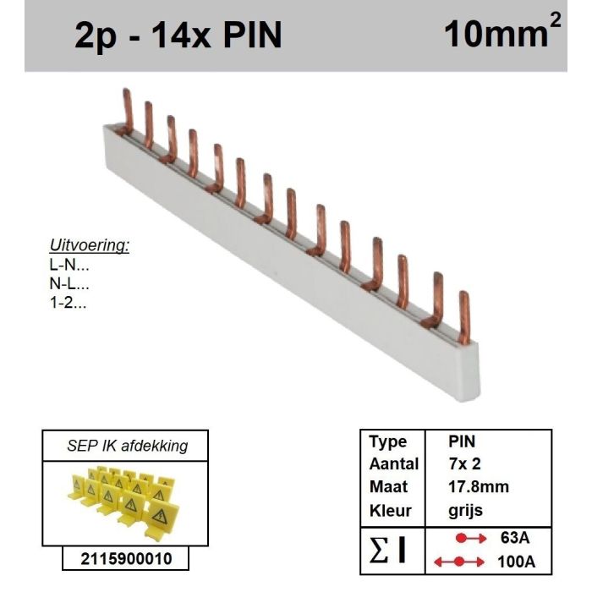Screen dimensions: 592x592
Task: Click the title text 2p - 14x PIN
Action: tap(178, 36)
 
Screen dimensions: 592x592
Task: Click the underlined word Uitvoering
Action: tap(90, 246)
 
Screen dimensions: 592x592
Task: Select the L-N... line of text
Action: tap(71, 266)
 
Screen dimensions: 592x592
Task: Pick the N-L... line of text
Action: tap(71, 284)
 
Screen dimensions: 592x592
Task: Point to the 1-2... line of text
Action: tap(71, 303)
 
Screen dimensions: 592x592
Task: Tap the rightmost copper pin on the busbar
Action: tap(463, 317)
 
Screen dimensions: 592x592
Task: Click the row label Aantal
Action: tap(393, 464)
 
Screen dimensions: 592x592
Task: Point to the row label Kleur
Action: tap(390, 511)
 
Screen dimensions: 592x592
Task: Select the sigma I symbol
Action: tap(391, 550)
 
